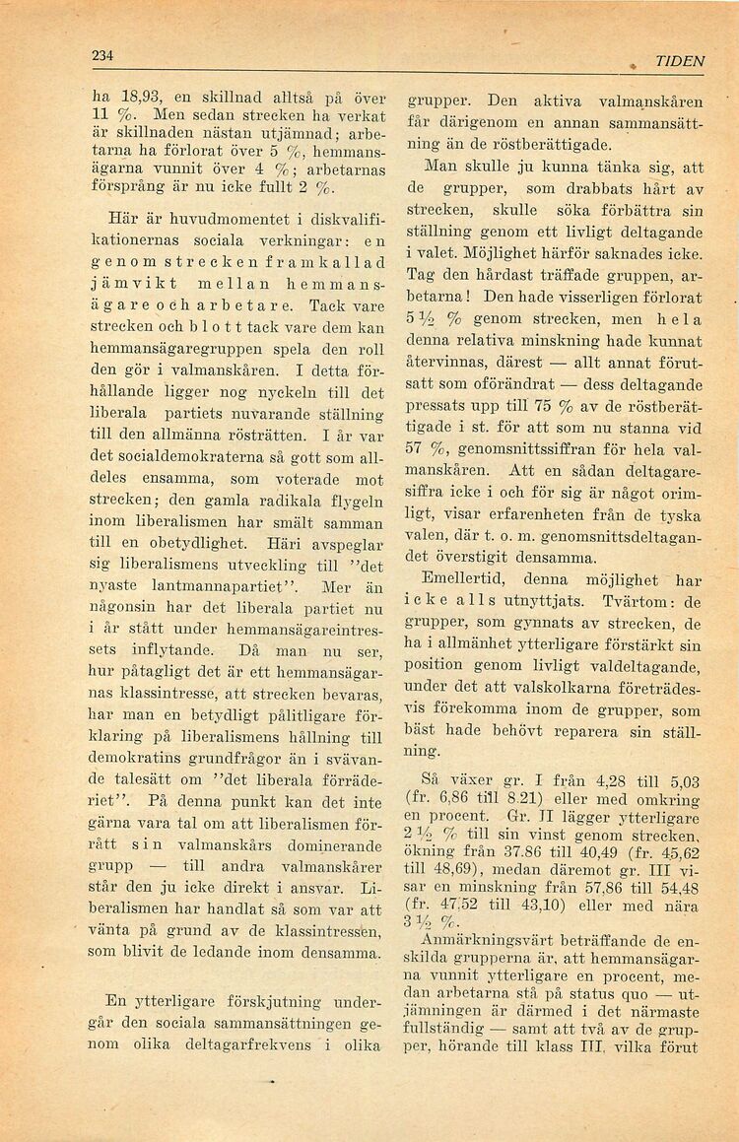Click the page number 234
pos(103,57)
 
